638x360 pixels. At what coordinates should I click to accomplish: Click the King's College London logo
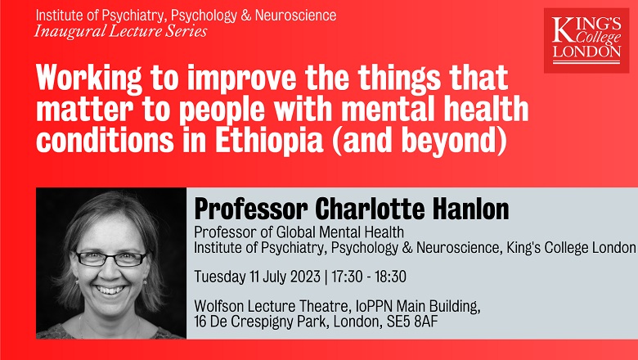(586, 40)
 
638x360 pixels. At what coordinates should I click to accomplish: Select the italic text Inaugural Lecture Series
(120, 31)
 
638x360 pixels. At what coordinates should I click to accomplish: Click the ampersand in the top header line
(245, 16)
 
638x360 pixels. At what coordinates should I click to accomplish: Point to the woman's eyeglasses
(110, 259)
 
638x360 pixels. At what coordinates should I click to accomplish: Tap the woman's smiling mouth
(110, 290)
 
